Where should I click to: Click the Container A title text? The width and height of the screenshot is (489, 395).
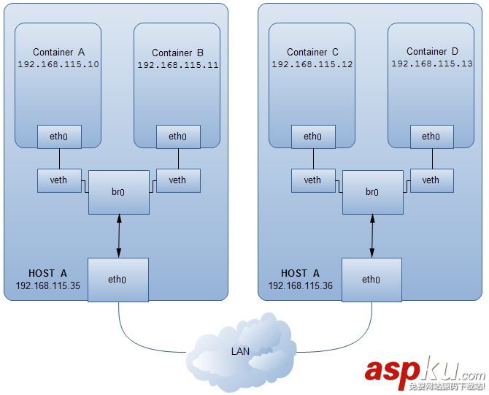click(59, 52)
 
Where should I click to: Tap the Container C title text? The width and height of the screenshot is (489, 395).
click(312, 52)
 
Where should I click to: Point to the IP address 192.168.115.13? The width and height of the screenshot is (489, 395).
click(432, 64)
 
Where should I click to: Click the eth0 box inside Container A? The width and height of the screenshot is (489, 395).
click(59, 137)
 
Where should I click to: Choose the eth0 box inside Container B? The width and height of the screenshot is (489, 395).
click(177, 137)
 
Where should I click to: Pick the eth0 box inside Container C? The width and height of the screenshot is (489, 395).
click(312, 137)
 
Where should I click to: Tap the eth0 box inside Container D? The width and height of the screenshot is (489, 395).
click(431, 137)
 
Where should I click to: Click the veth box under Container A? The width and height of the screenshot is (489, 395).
click(59, 180)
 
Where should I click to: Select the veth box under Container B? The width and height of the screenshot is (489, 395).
click(177, 180)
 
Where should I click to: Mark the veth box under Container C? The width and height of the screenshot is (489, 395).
click(312, 180)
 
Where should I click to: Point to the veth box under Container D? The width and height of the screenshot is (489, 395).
click(431, 180)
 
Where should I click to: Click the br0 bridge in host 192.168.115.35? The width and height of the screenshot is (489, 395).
click(118, 193)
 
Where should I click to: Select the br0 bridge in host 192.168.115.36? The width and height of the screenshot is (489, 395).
click(372, 193)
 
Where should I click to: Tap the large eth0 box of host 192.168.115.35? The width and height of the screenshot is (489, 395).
click(118, 280)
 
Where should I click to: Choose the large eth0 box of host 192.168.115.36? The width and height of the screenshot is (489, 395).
click(371, 280)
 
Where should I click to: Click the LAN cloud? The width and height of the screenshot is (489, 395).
click(241, 350)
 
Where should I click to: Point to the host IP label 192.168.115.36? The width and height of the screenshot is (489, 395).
click(300, 286)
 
